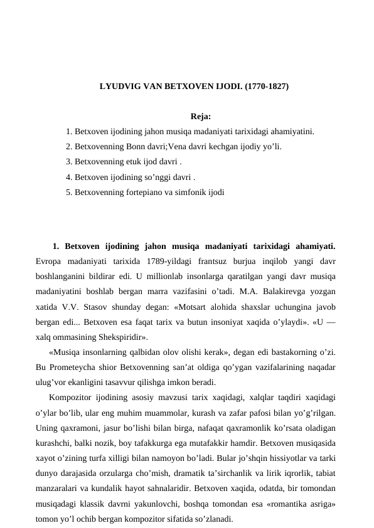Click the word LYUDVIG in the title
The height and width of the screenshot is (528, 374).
click(119, 87)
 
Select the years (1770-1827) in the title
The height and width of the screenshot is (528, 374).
click(267, 87)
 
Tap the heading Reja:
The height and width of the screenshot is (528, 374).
click(201, 117)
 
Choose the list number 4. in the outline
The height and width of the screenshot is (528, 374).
click(69, 177)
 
